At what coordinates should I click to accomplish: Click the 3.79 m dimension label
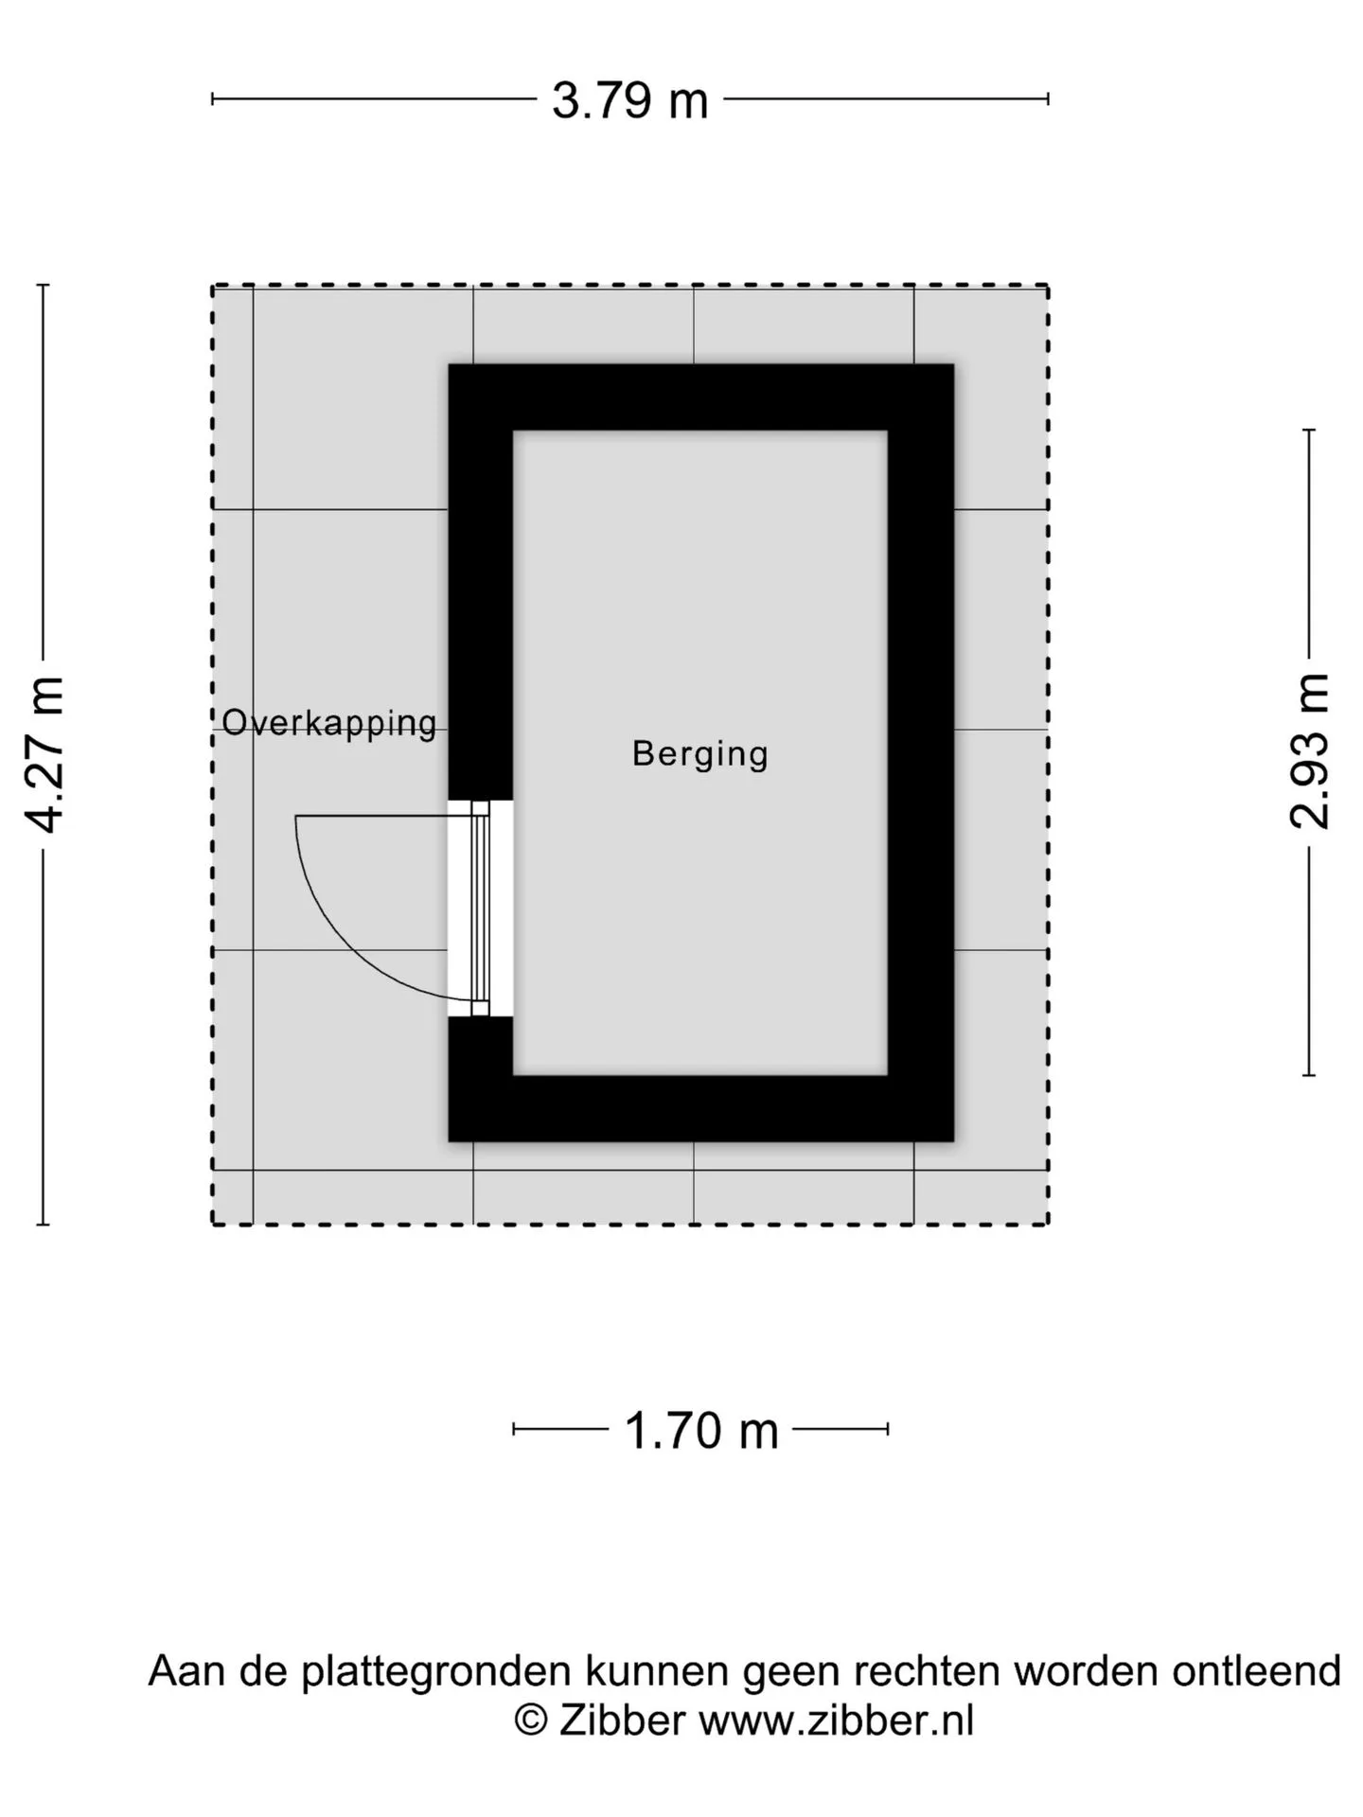click(x=629, y=100)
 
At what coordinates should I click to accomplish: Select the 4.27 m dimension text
click(x=44, y=754)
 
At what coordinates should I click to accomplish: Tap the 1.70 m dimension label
click(x=701, y=1430)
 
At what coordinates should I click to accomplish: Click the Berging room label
click(x=700, y=754)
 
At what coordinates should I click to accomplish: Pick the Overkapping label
click(x=329, y=723)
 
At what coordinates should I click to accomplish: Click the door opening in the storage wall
click(x=481, y=908)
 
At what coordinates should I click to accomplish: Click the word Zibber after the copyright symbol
click(x=622, y=1720)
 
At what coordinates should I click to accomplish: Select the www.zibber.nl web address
click(x=837, y=1720)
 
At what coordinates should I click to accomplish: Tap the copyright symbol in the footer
click(x=530, y=1720)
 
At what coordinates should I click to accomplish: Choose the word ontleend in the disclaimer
click(x=1256, y=1671)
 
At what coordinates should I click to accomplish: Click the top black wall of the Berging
click(x=701, y=397)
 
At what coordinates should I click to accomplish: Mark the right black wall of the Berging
click(x=921, y=752)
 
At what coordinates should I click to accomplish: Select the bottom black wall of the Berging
click(x=701, y=1108)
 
